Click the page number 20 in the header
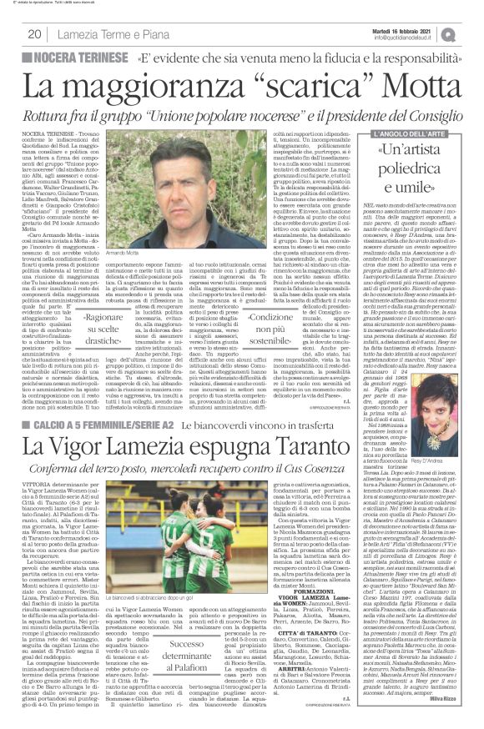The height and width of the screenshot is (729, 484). (36, 34)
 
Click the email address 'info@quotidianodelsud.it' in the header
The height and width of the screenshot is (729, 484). (417, 38)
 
